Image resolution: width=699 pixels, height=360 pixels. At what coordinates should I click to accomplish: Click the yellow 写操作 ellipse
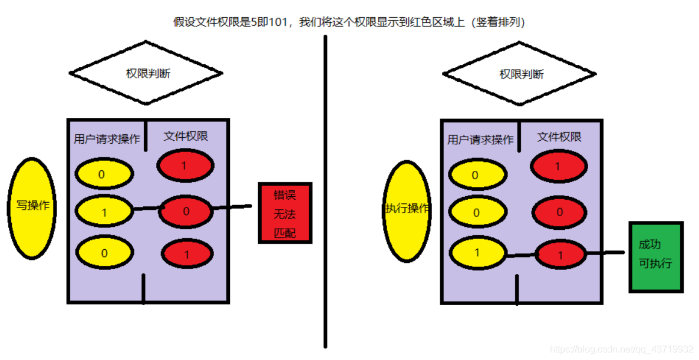click(x=32, y=207)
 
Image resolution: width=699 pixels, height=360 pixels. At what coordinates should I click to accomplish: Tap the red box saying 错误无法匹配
click(x=285, y=213)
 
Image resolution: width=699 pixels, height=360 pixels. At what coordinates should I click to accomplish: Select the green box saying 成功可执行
click(x=655, y=256)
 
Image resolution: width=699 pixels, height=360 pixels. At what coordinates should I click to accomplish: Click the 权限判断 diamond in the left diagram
click(x=146, y=74)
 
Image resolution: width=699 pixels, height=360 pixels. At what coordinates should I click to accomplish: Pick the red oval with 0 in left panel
click(x=186, y=211)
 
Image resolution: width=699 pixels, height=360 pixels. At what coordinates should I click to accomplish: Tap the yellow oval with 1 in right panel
click(x=477, y=253)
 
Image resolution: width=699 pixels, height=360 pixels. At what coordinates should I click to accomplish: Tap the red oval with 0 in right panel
click(x=559, y=212)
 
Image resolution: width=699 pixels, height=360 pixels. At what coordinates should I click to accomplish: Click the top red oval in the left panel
click(x=184, y=166)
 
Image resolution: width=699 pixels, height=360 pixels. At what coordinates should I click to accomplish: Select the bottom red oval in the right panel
click(x=560, y=255)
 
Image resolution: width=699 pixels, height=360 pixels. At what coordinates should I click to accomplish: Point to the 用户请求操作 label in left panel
click(x=107, y=139)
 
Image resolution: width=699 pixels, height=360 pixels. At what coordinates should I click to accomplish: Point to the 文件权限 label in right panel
click(x=559, y=137)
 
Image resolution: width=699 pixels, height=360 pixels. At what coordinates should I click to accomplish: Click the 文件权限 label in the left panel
click(x=186, y=137)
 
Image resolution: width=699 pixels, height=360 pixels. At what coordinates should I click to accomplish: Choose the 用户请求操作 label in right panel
click(x=480, y=140)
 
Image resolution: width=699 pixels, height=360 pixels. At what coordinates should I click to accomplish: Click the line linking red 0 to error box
click(x=233, y=207)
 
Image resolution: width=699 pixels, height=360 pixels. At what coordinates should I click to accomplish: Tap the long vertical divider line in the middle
click(x=325, y=194)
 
